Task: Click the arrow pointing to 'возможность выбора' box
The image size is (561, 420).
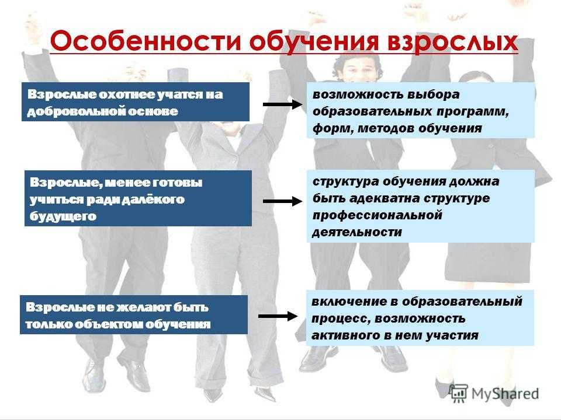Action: coord(283,104)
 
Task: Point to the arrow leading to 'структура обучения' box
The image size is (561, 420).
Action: coord(283,201)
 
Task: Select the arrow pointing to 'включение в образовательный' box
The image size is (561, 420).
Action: coord(278,316)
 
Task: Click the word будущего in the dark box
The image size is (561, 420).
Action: coord(63,216)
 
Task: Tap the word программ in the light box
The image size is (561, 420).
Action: coord(473,112)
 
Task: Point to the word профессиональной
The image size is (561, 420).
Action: coord(377,215)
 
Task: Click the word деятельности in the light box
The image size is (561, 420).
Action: coord(357,233)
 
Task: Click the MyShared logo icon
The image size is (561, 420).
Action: coord(458,393)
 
